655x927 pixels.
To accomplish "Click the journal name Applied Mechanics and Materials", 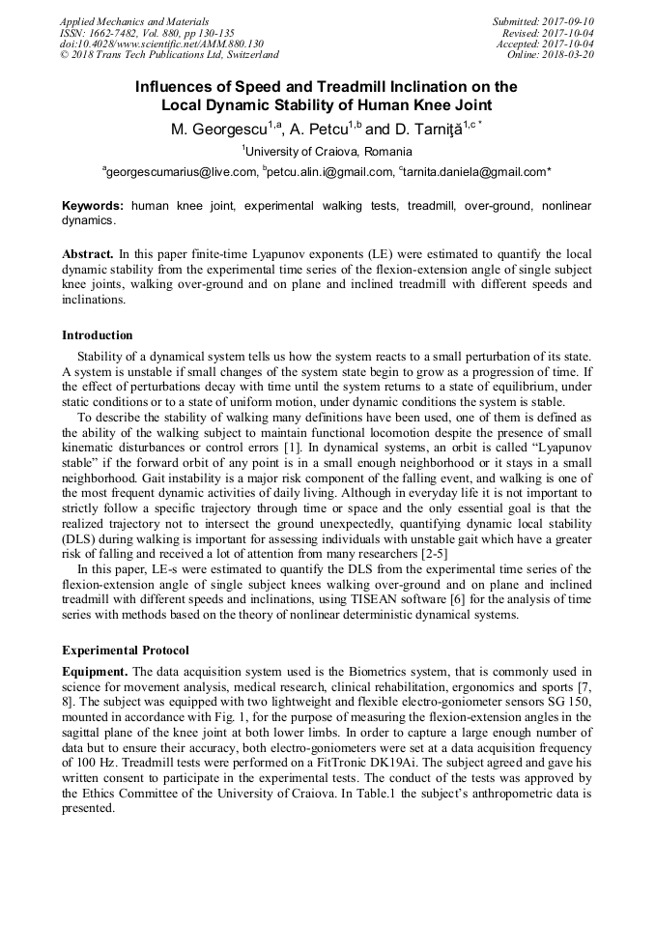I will [133, 21].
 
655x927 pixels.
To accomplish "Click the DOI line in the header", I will [161, 43].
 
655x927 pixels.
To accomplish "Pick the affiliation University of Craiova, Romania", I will [327, 152].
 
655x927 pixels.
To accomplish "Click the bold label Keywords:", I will [93, 206].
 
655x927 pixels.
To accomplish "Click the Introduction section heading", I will [98, 335].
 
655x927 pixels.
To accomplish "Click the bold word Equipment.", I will [95, 672].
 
